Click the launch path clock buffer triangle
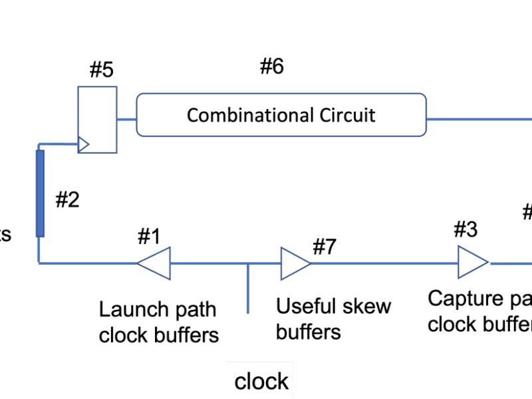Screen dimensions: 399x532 pos(154,263)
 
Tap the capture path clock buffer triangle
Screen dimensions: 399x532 pos(472,263)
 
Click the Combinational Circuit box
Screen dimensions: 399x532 pos(281,115)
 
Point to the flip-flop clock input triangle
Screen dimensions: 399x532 pos(83,144)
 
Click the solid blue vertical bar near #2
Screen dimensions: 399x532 pos(40,194)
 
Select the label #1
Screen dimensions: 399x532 pos(150,235)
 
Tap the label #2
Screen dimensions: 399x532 pos(67,200)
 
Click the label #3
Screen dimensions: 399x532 pos(465,230)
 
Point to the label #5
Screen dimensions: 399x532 pos(101,70)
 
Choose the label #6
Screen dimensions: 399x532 pos(271,66)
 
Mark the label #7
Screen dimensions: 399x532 pos(325,247)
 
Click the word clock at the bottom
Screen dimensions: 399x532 pos(261,382)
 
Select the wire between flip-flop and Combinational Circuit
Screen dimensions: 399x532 pos(126,120)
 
